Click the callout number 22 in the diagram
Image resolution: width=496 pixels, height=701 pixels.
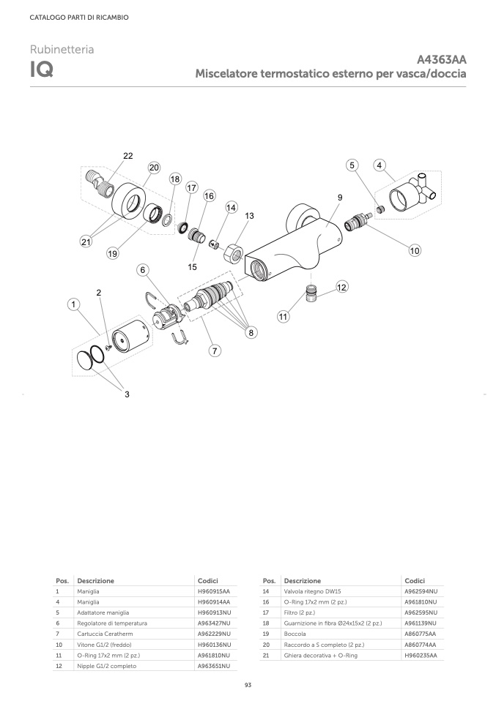click(x=128, y=156)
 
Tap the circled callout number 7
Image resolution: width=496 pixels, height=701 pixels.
click(x=215, y=351)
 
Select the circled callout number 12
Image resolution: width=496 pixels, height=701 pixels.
click(x=342, y=287)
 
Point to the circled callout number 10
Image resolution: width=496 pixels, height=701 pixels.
click(x=415, y=250)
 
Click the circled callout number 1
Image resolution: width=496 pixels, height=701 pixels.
click(x=74, y=305)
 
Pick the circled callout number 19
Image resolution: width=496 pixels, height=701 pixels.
click(x=112, y=253)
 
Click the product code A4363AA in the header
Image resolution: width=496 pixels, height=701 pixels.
click(x=441, y=60)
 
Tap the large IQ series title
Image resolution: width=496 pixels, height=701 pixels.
click(x=42, y=70)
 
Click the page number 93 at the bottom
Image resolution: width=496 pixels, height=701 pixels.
click(x=248, y=685)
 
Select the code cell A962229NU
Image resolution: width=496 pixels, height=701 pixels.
click(x=215, y=634)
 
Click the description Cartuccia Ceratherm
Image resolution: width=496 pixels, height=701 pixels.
click(x=105, y=634)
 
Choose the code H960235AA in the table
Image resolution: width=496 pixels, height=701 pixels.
click(x=421, y=656)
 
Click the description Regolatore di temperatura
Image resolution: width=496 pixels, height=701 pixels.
click(x=112, y=623)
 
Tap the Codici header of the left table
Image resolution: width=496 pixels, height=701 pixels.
click(x=208, y=581)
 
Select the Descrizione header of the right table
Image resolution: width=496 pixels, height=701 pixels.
click(x=303, y=581)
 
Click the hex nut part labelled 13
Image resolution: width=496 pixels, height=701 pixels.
click(x=233, y=254)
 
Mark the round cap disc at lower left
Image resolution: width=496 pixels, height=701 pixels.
click(x=84, y=360)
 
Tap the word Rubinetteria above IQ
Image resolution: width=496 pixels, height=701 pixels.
click(x=62, y=49)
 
